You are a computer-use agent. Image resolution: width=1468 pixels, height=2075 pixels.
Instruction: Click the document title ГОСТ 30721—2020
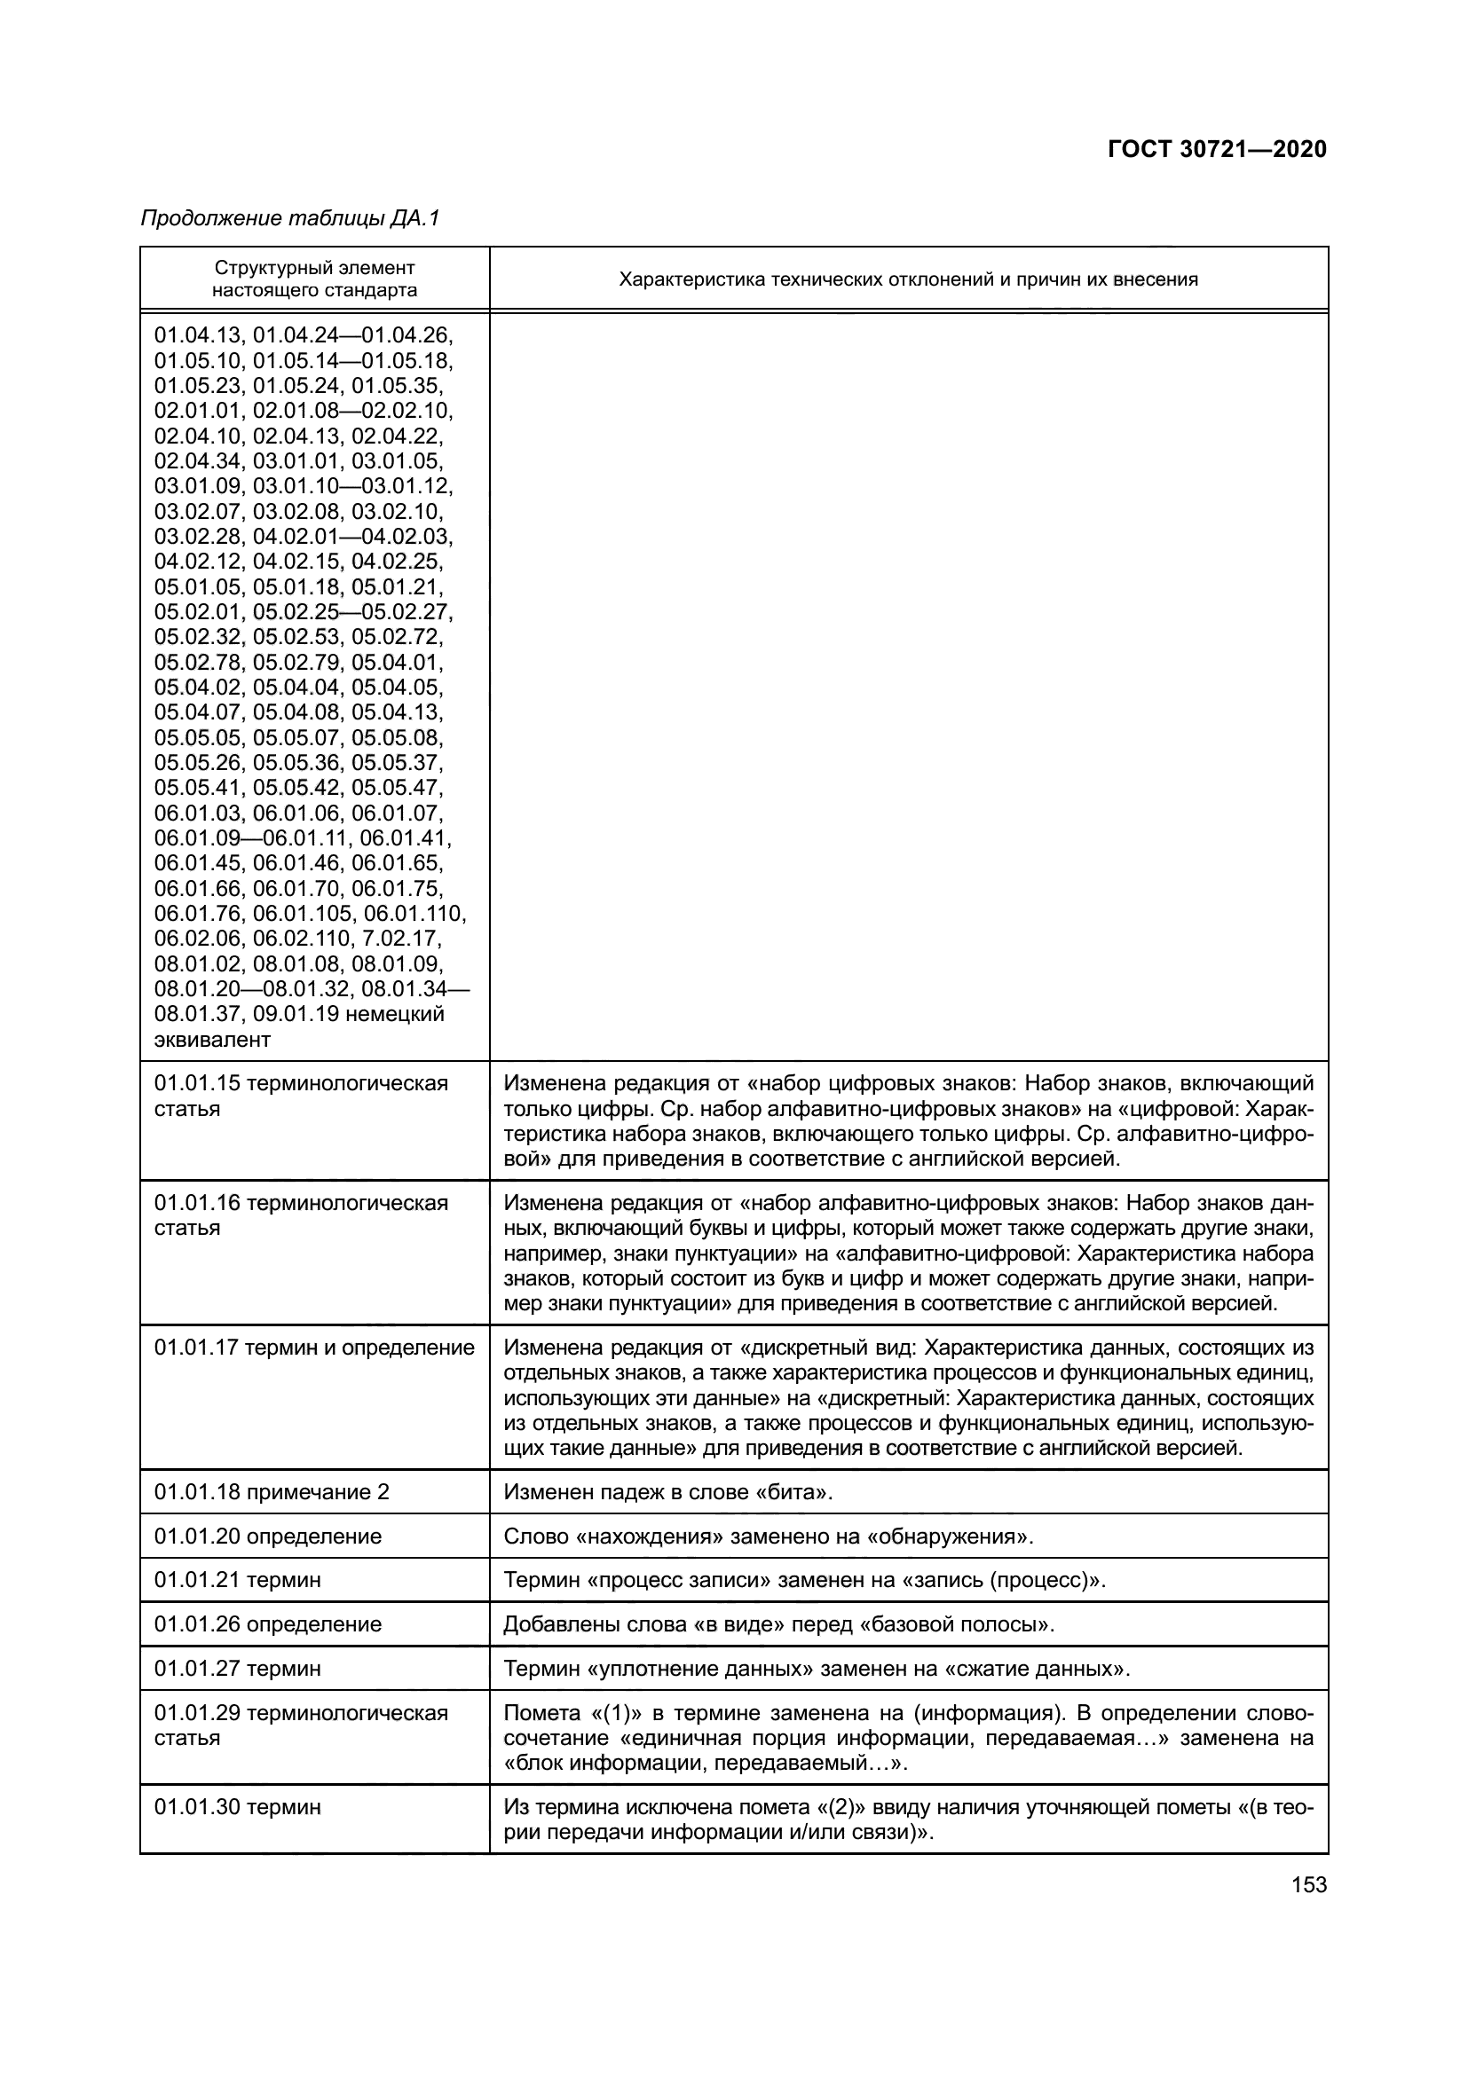[1217, 149]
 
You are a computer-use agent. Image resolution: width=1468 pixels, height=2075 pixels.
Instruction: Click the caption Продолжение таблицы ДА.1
[289, 218]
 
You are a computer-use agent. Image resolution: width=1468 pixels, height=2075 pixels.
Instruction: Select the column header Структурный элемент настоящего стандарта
[314, 279]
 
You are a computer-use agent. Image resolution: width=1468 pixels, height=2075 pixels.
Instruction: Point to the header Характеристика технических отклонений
[908, 279]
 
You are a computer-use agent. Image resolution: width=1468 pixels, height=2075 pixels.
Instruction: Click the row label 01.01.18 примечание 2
[272, 1491]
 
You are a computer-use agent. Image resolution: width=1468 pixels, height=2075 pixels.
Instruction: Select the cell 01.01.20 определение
[267, 1536]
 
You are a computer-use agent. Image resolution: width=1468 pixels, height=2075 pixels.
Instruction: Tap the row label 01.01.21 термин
[237, 1580]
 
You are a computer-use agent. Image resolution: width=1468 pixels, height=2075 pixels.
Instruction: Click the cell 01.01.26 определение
[267, 1624]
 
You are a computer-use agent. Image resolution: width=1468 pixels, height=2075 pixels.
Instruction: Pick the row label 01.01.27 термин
[237, 1669]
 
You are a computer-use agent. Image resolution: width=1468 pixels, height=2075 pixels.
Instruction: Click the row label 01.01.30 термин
[237, 1806]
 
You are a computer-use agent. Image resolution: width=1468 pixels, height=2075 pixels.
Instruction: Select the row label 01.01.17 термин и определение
[313, 1348]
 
